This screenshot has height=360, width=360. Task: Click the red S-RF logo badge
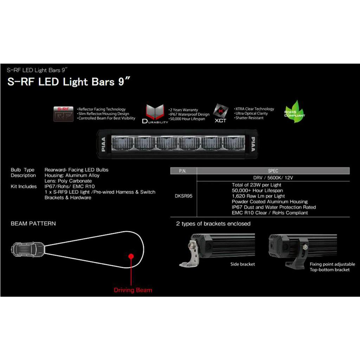63,114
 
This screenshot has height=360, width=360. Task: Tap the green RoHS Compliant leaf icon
294,112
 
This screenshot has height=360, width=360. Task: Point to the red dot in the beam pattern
131,256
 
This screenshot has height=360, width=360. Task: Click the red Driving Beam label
133,290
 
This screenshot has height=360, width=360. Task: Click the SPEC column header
273,171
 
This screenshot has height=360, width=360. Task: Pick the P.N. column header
183,171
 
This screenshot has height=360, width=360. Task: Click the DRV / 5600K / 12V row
273,178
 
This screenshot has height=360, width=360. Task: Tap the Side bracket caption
243,264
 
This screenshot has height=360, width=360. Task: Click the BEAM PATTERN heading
33,224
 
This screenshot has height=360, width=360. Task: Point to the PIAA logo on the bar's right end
252,144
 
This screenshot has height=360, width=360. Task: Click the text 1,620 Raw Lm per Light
258,196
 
